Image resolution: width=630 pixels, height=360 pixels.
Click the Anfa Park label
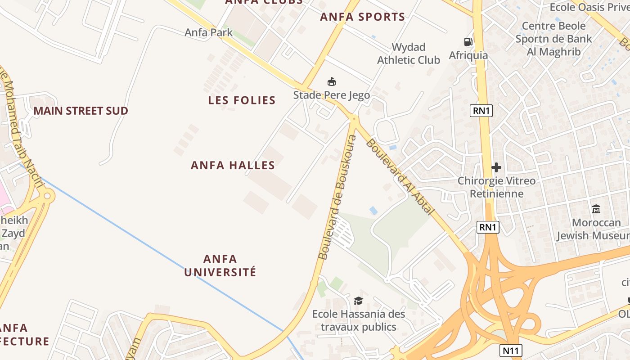[209, 32]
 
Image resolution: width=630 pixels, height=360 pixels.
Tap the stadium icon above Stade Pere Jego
[332, 82]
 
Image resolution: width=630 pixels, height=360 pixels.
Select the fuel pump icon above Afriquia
[468, 42]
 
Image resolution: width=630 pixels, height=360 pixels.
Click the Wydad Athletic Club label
[409, 54]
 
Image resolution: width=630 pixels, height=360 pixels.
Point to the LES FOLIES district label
[242, 100]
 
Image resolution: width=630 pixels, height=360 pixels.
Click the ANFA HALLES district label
[233, 165]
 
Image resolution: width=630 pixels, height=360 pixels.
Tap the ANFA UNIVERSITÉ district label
[220, 265]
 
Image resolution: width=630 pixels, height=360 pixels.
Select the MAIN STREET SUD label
[81, 111]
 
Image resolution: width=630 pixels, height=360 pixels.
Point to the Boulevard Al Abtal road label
[400, 176]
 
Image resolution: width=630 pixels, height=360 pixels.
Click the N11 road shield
[511, 350]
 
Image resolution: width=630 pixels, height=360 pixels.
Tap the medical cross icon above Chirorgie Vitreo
[496, 168]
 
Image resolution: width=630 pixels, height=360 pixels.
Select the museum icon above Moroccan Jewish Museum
[596, 209]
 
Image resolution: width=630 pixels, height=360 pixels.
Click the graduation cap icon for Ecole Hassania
[358, 301]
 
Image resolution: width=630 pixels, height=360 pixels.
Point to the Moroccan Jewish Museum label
[593, 229]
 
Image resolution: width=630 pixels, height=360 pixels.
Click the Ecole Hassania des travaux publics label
[359, 320]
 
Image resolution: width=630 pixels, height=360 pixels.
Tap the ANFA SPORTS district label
[362, 17]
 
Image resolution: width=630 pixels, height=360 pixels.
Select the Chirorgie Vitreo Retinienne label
[497, 187]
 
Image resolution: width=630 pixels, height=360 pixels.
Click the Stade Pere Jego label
[332, 95]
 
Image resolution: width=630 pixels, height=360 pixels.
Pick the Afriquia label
[468, 55]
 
